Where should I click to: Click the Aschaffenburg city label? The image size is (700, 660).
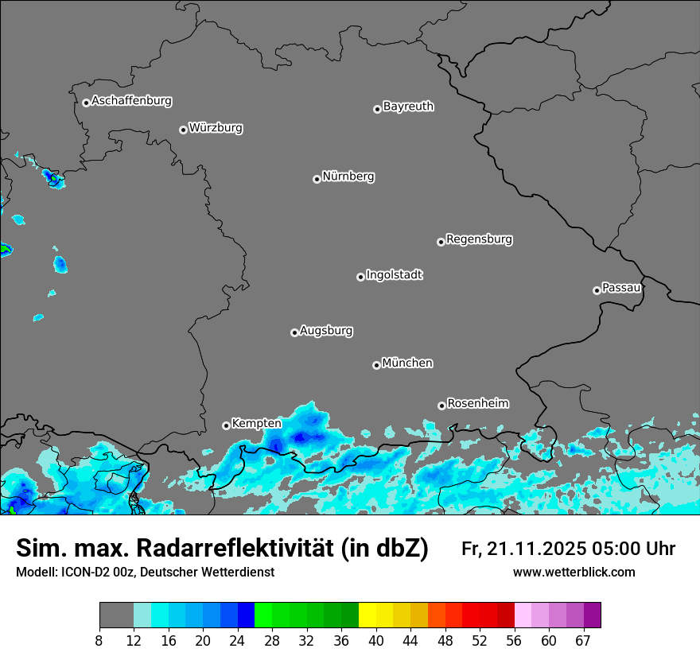131,101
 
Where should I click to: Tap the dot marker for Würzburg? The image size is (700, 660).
183,130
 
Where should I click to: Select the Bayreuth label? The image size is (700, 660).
408,107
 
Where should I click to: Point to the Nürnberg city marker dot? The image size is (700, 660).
317,179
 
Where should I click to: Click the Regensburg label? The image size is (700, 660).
479,239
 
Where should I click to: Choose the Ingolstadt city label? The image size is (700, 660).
394,275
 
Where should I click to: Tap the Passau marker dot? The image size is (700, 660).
597,290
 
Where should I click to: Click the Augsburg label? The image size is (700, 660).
326,331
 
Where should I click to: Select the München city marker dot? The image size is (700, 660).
376,365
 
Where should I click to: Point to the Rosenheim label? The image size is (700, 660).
477,403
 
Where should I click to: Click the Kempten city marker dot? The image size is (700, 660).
226,425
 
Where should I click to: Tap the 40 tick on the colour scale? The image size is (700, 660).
377,640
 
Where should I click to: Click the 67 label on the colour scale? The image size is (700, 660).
583,640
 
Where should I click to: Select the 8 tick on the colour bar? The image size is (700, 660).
99,640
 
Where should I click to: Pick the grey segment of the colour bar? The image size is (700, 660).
116,615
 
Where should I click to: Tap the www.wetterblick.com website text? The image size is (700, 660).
574,573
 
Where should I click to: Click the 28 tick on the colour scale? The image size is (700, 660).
272,640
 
